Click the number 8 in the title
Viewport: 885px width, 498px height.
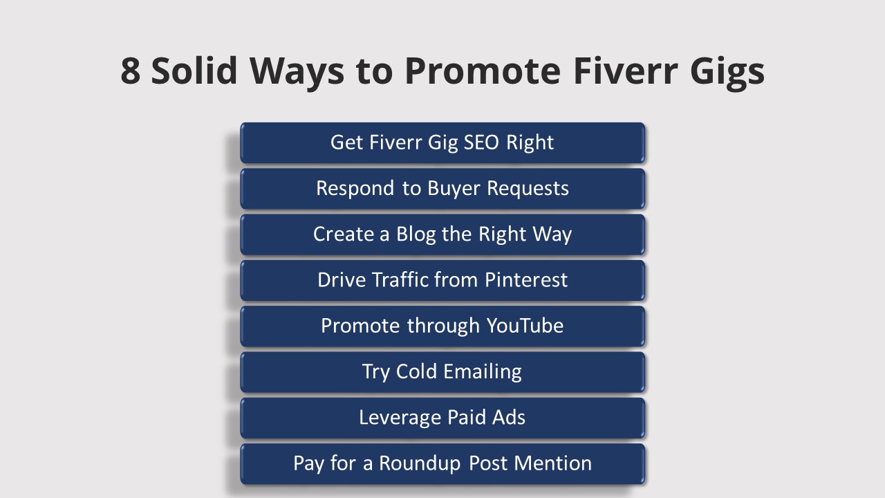coord(131,70)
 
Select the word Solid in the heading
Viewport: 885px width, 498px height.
coord(193,70)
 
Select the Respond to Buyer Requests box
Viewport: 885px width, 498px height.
coord(442,188)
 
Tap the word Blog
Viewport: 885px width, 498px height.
coord(416,234)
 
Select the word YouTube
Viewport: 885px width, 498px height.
coord(525,325)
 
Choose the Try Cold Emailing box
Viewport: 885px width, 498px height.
coord(442,371)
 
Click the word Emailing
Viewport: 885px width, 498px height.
coord(482,372)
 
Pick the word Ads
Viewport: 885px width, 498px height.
coord(510,417)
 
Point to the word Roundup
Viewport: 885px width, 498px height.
coord(420,463)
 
